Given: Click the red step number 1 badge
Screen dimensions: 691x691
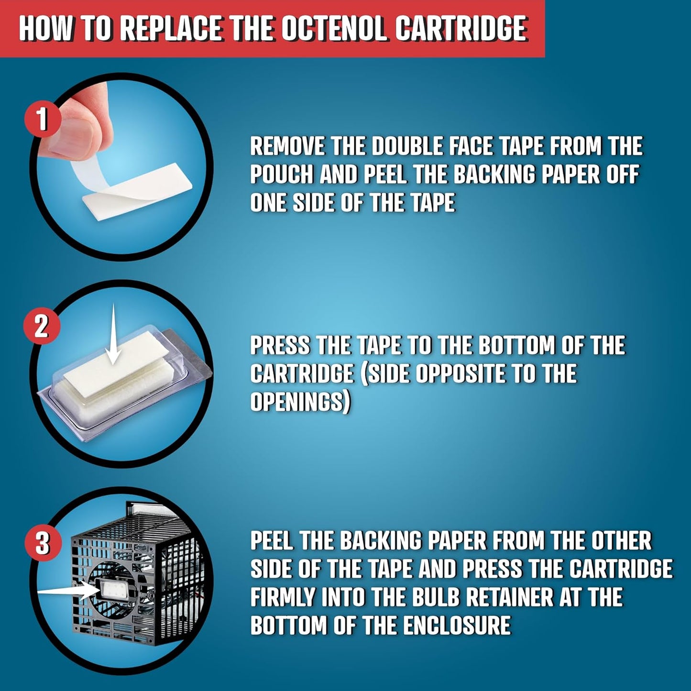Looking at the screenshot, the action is [42, 121].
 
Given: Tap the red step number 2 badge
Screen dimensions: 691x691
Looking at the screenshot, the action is [41, 326].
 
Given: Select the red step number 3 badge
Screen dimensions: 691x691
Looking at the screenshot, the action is [42, 543].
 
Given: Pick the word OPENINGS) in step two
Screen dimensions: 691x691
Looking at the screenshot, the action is [300, 402].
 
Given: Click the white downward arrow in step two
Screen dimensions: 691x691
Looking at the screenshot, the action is [112, 335].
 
